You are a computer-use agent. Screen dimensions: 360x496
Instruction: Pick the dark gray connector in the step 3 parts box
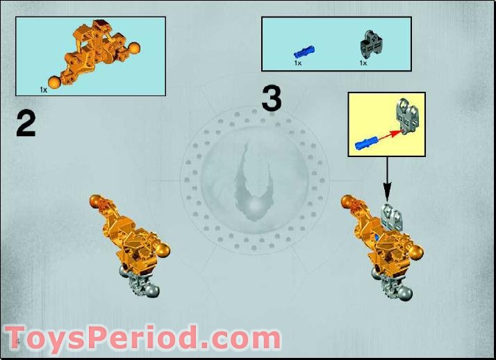point(368,46)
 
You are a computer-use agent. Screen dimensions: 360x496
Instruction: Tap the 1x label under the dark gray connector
point(363,63)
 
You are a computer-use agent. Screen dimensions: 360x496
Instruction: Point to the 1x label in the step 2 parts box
point(43,90)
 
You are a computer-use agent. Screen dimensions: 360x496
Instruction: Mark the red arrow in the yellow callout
point(388,135)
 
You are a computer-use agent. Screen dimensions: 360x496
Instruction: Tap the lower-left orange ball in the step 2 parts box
point(55,77)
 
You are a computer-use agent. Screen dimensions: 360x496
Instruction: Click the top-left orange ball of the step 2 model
point(96,202)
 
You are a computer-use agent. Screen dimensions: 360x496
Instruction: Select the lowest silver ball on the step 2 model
point(153,291)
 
